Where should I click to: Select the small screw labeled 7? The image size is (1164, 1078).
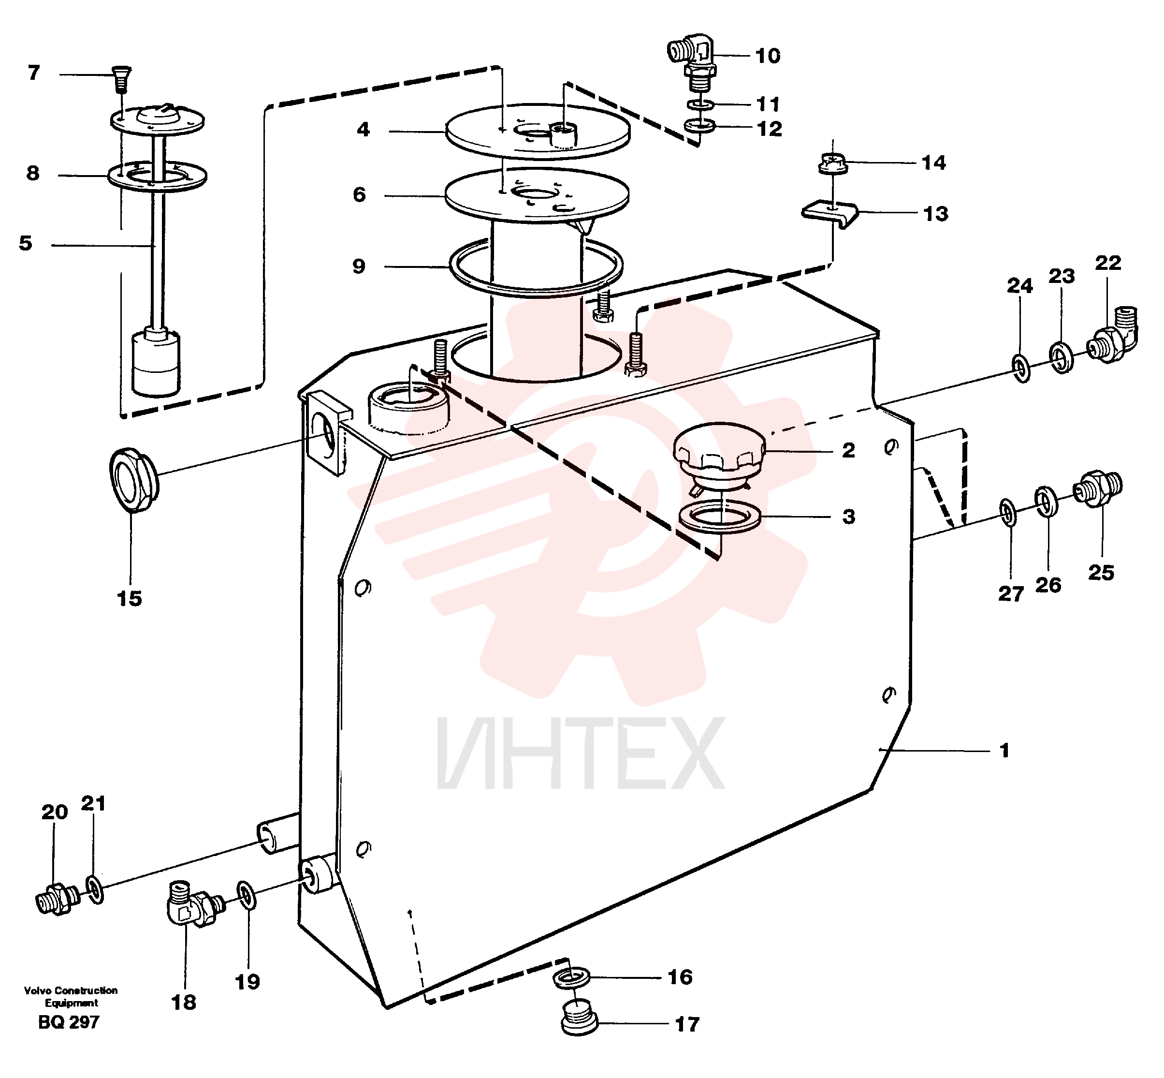121,79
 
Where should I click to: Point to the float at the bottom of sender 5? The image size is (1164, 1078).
156,362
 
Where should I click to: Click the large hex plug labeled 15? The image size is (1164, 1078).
133,479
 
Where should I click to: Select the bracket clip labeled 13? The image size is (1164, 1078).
830,214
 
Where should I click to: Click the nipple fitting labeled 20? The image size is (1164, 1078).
57,900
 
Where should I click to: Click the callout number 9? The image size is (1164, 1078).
359,266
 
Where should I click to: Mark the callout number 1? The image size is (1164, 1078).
1004,750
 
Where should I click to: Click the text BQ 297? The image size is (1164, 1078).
69,1022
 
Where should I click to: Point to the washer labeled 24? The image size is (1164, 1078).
1020,368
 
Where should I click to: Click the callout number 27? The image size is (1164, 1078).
1011,594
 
